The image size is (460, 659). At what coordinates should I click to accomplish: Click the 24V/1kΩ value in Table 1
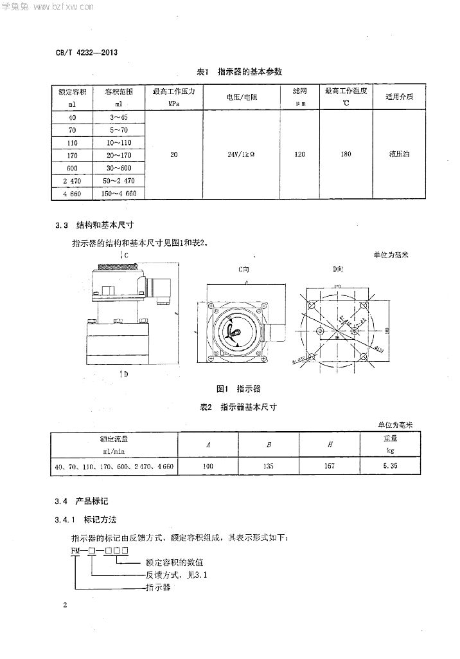pos(242,154)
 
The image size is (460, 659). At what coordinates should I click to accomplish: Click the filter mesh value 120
pos(299,154)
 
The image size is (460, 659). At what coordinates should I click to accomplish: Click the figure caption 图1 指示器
pos(239,389)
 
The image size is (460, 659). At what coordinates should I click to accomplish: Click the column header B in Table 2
pos(268,445)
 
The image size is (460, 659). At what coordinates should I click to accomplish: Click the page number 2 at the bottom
pos(65,606)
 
